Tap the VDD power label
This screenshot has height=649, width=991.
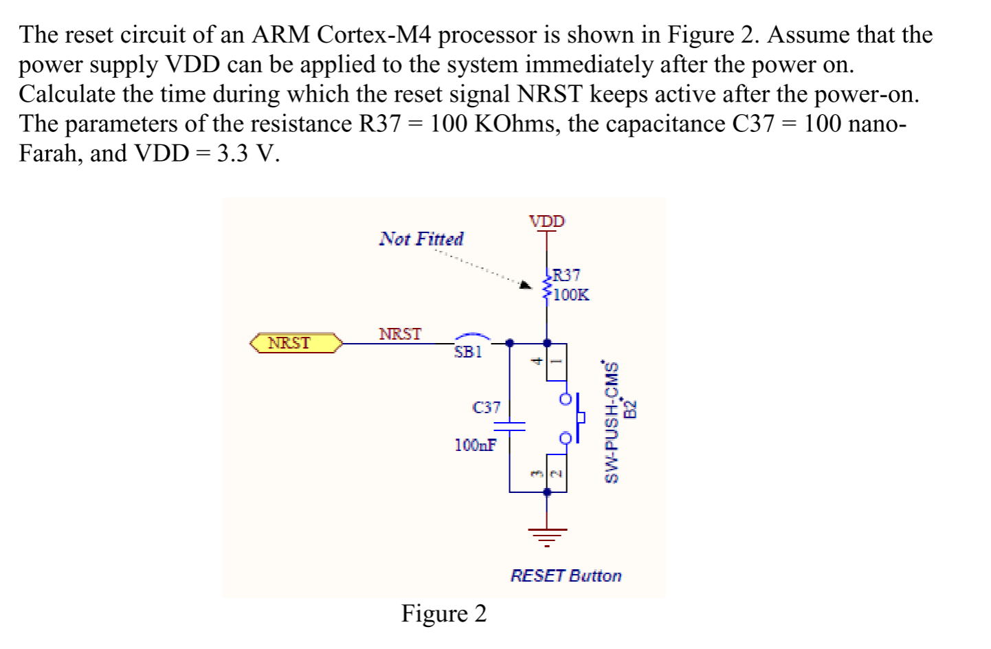(546, 221)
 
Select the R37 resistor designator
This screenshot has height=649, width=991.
(567, 275)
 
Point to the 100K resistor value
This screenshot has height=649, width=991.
(571, 295)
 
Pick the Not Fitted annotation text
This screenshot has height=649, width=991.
(421, 239)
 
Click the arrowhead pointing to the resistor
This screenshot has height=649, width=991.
(525, 285)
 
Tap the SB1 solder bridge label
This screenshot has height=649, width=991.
(468, 352)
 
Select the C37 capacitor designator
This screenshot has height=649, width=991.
(487, 407)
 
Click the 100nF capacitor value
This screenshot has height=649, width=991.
(475, 445)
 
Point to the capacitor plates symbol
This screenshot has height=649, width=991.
(509, 426)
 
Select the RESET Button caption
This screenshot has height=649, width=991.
(566, 575)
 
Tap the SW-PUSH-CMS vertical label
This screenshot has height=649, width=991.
(610, 422)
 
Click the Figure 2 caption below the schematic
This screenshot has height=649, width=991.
(444, 613)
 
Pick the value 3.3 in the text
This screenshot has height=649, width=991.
(232, 153)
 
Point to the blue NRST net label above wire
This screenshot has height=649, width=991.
(400, 334)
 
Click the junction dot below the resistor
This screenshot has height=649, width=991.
(547, 342)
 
